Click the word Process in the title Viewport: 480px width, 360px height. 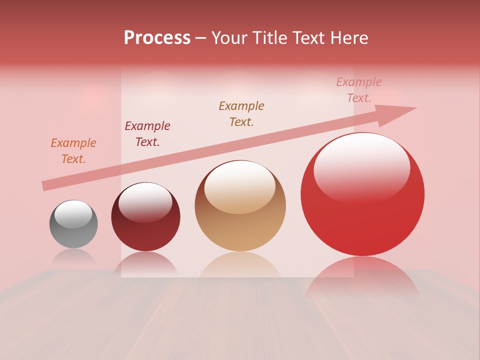(x=157, y=38)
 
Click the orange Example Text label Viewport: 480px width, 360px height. (x=73, y=151)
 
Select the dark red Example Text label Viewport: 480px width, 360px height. (x=147, y=134)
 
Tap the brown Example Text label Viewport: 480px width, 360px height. (x=241, y=114)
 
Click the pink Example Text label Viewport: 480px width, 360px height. (x=358, y=90)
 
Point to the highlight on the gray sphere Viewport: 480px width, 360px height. (x=73, y=214)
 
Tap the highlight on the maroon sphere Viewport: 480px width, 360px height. (x=145, y=201)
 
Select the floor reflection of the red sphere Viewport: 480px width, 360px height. (x=362, y=275)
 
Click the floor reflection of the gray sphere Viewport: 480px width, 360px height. (x=73, y=256)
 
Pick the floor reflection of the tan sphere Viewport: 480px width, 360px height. (x=240, y=265)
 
